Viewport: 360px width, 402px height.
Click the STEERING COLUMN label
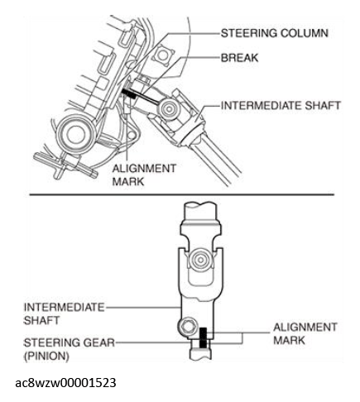point(275,33)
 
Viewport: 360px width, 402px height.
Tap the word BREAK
point(239,58)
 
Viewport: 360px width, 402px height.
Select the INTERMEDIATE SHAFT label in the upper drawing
point(281,106)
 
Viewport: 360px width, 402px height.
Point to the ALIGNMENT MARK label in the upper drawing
point(144,175)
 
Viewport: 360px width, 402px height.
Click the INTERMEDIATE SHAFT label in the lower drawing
point(64,313)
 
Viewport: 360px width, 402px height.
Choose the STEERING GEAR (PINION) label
point(69,349)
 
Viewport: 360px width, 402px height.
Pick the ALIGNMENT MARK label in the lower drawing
point(305,333)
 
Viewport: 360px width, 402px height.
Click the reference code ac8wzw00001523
point(65,383)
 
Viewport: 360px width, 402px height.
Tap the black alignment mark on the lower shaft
point(203,337)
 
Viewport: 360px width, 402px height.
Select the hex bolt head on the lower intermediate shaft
point(188,328)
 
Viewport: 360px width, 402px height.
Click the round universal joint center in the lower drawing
point(200,260)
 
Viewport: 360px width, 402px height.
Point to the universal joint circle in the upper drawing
point(168,108)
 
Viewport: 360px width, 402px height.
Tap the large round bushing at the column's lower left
point(75,134)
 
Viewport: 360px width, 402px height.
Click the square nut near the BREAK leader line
point(163,55)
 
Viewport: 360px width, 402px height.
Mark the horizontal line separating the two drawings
point(182,194)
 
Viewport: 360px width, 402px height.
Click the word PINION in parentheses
point(46,356)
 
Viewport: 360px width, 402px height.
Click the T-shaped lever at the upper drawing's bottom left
point(65,165)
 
